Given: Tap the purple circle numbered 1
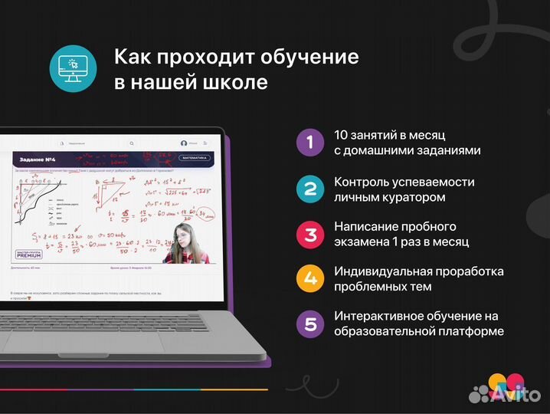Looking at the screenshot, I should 309,142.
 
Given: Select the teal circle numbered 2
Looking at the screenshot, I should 309,188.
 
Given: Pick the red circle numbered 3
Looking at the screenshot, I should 309,233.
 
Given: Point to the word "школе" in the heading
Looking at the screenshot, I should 235,82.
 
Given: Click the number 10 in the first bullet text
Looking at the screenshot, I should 342,136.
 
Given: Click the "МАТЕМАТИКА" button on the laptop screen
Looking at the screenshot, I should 194,158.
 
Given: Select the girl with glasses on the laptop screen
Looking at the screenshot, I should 182,242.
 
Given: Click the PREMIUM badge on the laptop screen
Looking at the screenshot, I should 28,254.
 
